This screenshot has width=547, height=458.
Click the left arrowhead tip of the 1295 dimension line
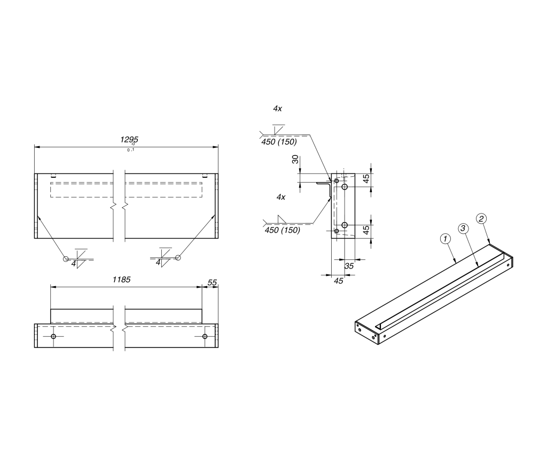click(x=35, y=147)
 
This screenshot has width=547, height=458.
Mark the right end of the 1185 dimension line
click(x=202, y=287)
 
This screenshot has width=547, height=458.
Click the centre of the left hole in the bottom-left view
click(x=53, y=336)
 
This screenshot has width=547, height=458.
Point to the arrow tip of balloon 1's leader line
click(x=456, y=263)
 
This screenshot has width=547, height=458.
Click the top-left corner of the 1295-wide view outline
click(x=35, y=173)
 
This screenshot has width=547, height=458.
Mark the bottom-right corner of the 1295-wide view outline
click(x=218, y=239)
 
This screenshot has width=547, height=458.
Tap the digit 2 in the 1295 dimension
click(x=126, y=140)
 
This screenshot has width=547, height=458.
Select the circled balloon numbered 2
click(x=481, y=219)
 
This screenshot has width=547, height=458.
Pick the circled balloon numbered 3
click(x=463, y=228)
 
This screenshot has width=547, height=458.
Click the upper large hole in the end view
click(x=345, y=187)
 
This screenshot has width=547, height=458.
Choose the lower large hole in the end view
click(x=345, y=225)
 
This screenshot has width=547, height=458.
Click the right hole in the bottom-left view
click(x=205, y=336)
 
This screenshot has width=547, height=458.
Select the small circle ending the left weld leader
click(x=66, y=259)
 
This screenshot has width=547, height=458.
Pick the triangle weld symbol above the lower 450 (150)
click(x=282, y=219)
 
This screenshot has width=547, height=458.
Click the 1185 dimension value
click(x=121, y=280)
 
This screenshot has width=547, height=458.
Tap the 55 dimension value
click(x=212, y=283)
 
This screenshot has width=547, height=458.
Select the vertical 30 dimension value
click(x=295, y=159)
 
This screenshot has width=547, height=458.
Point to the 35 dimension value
click(x=349, y=266)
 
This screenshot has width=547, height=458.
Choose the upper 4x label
click(x=277, y=109)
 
